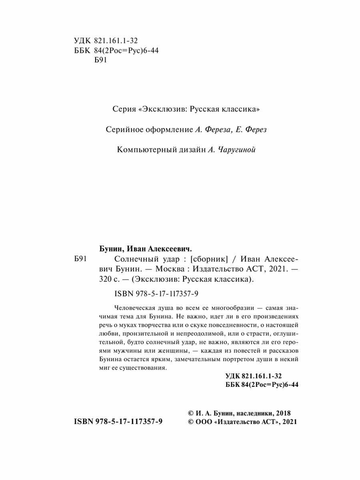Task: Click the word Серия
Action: pyautogui.click(x=120, y=108)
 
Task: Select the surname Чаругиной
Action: pyautogui.click(x=237, y=150)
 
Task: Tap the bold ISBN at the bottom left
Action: pyautogui.click(x=84, y=422)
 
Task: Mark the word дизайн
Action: pyautogui.click(x=193, y=150)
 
